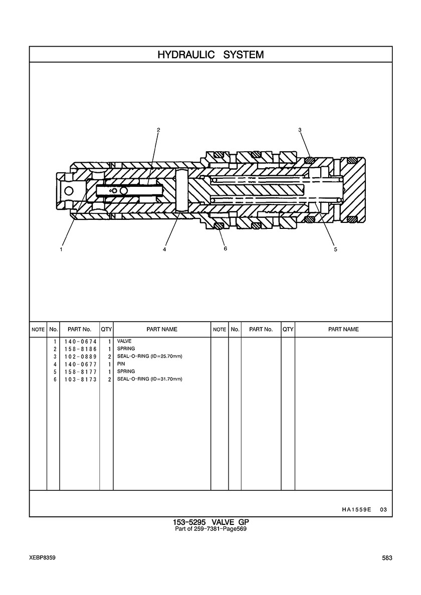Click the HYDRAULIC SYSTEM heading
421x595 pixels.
click(210, 55)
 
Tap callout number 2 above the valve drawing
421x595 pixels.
click(158, 130)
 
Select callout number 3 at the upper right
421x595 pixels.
click(300, 130)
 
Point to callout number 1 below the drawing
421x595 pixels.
click(62, 249)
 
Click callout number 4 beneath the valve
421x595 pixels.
click(164, 249)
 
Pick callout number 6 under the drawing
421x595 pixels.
click(226, 248)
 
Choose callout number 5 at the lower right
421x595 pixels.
click(336, 249)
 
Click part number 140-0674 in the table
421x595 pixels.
click(81, 342)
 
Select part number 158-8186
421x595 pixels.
click(81, 349)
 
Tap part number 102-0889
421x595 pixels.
click(81, 357)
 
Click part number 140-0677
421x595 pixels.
click(81, 364)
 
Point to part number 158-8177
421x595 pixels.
click(81, 372)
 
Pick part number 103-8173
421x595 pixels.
click(81, 380)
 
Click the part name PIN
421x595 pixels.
click(121, 364)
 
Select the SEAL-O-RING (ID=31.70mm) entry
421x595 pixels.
click(149, 379)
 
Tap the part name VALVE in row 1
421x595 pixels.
click(124, 341)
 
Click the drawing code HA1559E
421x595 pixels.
click(356, 510)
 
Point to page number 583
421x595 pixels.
click(387, 558)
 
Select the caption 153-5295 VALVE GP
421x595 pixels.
click(210, 522)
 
